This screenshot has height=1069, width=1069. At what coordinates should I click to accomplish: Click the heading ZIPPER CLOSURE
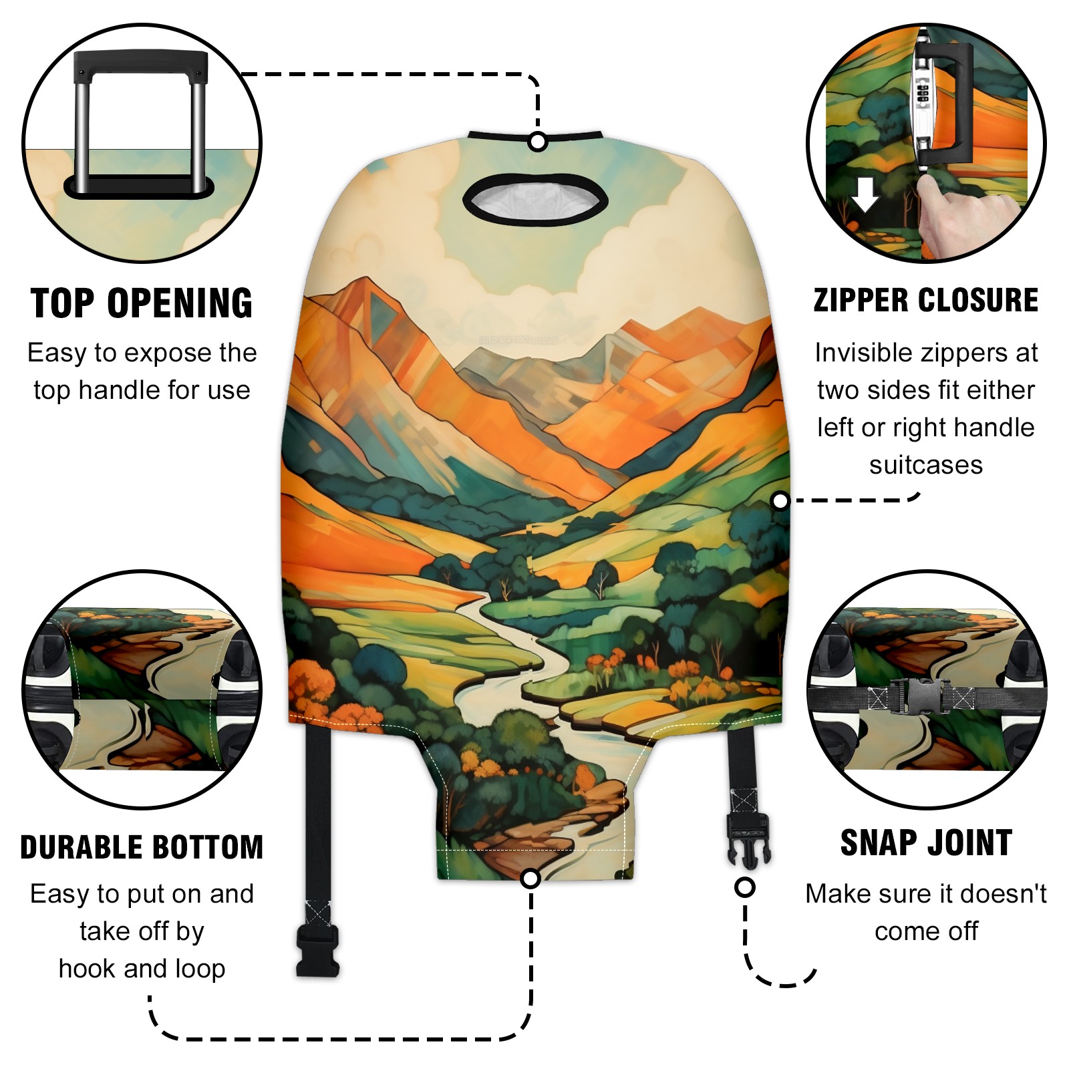click(926, 300)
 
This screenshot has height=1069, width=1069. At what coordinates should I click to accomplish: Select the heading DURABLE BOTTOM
click(142, 847)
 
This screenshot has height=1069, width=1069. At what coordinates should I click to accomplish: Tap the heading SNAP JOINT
click(926, 843)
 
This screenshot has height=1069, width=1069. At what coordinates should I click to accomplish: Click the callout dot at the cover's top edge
click(538, 142)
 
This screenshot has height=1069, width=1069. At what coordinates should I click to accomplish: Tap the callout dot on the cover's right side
click(780, 500)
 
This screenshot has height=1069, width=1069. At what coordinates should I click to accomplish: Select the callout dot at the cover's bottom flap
click(530, 879)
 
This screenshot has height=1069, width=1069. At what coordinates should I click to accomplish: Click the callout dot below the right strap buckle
click(744, 887)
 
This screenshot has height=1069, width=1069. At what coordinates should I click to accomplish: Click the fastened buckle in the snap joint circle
click(921, 697)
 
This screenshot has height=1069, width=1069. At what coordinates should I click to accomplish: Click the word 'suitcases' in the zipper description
click(926, 465)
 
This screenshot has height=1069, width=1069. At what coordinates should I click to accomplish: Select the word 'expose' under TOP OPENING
click(158, 354)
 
